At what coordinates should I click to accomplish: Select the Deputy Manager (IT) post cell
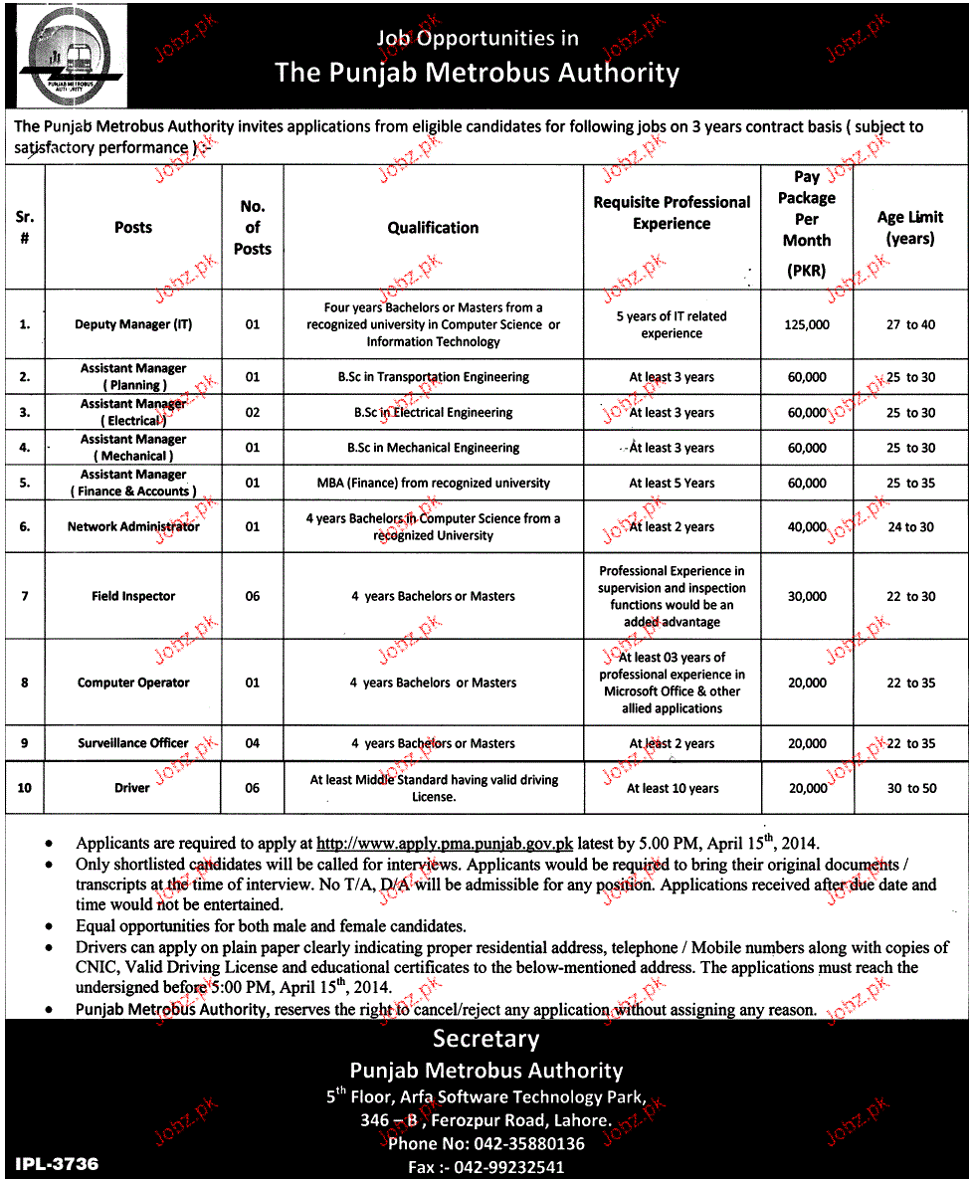pyautogui.click(x=133, y=324)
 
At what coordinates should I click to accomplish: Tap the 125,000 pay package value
pyautogui.click(x=807, y=324)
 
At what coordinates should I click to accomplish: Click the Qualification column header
pyautogui.click(x=433, y=228)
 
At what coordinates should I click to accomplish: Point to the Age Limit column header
pyautogui.click(x=910, y=228)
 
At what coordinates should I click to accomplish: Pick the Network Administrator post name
pyautogui.click(x=133, y=526)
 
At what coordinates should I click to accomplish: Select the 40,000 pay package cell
pyautogui.click(x=807, y=527)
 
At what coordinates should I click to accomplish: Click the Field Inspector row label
pyautogui.click(x=133, y=596)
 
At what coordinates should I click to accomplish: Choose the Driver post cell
pyautogui.click(x=132, y=788)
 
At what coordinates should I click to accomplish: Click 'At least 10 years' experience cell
pyautogui.click(x=673, y=788)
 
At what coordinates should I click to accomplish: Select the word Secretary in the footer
pyautogui.click(x=485, y=1039)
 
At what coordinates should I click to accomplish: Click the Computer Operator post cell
pyautogui.click(x=133, y=683)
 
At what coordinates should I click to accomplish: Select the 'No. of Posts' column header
pyautogui.click(x=253, y=228)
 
